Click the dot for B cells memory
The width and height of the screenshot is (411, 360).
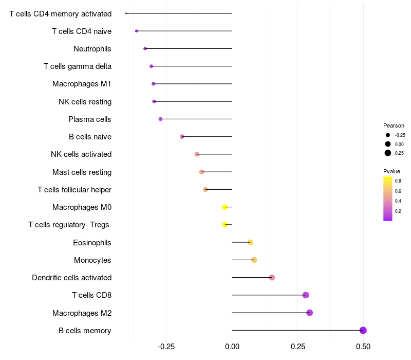click(363, 330)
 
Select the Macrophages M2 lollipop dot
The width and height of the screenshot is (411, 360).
click(309, 313)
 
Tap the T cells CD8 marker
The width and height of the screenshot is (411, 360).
click(306, 295)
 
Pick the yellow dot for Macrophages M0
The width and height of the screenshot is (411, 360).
click(225, 207)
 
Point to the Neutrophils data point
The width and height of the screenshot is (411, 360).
click(145, 49)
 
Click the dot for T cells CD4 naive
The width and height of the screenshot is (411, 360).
click(136, 31)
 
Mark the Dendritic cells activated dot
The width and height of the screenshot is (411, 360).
click(272, 278)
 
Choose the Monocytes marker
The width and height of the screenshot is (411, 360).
click(254, 260)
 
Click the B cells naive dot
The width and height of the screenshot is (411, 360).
click(182, 137)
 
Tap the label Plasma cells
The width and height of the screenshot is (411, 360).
click(89, 119)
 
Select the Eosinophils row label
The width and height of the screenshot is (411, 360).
click(92, 243)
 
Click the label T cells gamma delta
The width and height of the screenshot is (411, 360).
click(77, 66)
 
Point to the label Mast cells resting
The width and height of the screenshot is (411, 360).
click(82, 172)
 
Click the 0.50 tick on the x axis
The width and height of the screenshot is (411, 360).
click(363, 347)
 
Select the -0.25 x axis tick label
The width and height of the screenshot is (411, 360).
click(165, 347)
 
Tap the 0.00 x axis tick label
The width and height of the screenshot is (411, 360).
click(232, 347)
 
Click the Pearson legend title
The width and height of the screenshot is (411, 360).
click(394, 125)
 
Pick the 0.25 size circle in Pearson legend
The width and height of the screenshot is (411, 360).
click(388, 153)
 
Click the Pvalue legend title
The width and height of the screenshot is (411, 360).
click(391, 171)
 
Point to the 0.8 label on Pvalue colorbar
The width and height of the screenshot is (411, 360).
click(398, 181)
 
